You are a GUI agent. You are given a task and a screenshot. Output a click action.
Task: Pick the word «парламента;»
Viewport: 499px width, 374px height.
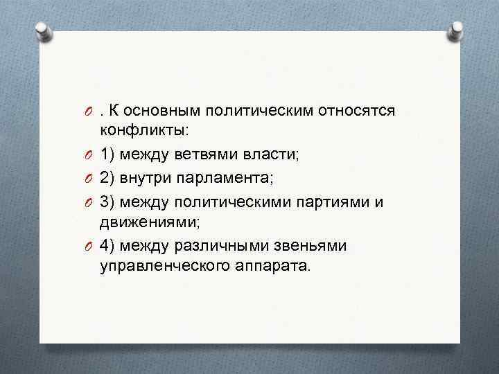click(x=229, y=179)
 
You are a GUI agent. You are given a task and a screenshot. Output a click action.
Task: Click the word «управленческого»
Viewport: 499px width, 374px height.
click(x=159, y=265)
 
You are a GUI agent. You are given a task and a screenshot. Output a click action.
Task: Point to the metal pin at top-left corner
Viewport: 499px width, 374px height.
click(x=44, y=31)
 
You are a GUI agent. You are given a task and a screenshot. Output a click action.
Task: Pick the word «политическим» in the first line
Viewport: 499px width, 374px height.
click(x=259, y=112)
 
